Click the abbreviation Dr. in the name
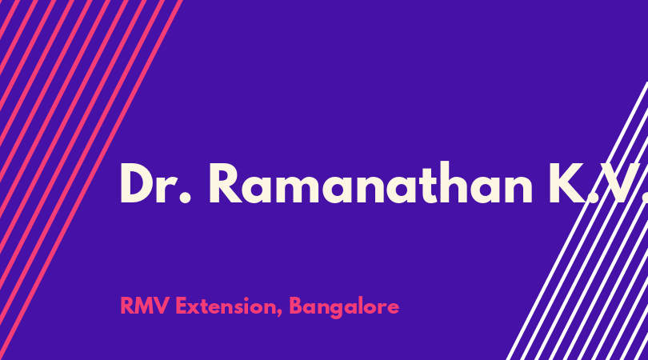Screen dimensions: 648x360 (155, 183)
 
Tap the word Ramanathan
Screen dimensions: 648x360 (370, 182)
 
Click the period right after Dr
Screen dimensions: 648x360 (186, 198)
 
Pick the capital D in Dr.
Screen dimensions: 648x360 (137, 183)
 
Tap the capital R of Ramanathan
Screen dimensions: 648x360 (226, 183)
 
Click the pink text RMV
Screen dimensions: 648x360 (144, 306)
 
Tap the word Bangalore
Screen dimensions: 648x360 (344, 308)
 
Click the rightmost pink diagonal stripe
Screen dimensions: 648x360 (92, 178)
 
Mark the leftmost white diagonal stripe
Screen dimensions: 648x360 (578, 221)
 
